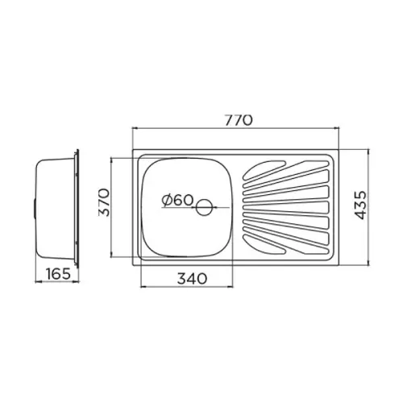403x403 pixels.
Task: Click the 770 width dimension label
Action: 239,120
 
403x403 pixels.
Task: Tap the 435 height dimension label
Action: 360,205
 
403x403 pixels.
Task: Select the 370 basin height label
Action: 104,202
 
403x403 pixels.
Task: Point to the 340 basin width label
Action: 192,279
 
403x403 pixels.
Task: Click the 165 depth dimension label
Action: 58,274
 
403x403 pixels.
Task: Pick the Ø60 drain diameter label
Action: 177,200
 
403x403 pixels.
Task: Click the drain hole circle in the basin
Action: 204,207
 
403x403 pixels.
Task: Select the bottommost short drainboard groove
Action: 264,245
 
